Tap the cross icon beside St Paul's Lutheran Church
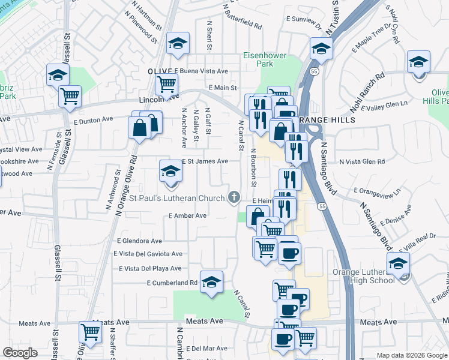(234, 197)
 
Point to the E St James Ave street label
(205, 161)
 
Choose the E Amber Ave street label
(188, 215)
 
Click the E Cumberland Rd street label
(172, 283)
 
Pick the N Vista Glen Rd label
(362, 161)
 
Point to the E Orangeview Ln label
(377, 191)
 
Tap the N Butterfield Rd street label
(242, 19)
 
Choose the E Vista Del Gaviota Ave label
(148, 254)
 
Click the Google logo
(20, 353)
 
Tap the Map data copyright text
(411, 355)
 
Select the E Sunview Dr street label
(305, 20)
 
